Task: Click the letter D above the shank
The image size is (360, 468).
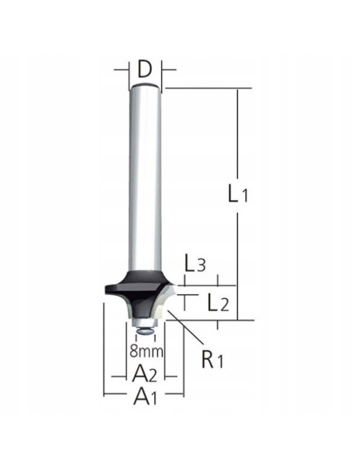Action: [x=145, y=70]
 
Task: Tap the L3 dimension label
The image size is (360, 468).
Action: [x=195, y=264]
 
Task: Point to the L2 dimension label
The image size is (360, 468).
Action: [x=217, y=302]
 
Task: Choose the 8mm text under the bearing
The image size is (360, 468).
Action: [x=147, y=351]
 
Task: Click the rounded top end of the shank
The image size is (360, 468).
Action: [x=145, y=86]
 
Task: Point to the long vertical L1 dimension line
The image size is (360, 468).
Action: [x=237, y=144]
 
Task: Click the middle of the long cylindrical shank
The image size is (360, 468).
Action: [x=145, y=180]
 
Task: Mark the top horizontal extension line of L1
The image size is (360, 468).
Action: [x=209, y=89]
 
